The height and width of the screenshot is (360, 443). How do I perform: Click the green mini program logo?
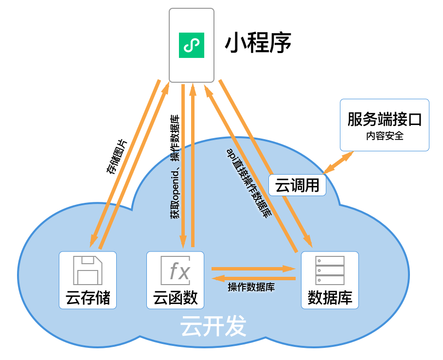(x=192, y=45)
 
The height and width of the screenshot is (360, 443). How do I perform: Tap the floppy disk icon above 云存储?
(x=88, y=270)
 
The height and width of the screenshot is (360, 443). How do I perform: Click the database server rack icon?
(x=330, y=270)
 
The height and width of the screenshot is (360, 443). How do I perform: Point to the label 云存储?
(x=88, y=297)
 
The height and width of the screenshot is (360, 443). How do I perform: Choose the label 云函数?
(x=176, y=297)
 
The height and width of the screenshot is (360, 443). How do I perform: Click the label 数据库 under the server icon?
(x=330, y=297)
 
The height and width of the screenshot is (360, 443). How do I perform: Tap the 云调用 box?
(x=297, y=185)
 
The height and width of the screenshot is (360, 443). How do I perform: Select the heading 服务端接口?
(x=384, y=119)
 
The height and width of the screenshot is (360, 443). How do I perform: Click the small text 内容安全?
(x=384, y=136)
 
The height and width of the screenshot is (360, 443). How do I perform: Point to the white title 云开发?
(x=213, y=327)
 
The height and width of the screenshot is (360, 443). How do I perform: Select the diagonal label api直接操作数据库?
(x=248, y=182)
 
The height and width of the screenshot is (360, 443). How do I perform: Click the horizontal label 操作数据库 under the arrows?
(x=251, y=288)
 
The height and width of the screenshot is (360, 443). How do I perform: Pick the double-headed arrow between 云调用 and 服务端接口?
(x=339, y=162)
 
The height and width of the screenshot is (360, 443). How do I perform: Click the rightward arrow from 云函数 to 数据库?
(x=253, y=268)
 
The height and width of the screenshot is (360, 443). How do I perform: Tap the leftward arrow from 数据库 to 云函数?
(x=253, y=278)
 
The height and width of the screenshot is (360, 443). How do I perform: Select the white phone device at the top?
(x=192, y=45)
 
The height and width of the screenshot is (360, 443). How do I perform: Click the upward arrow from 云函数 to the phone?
(x=193, y=165)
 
